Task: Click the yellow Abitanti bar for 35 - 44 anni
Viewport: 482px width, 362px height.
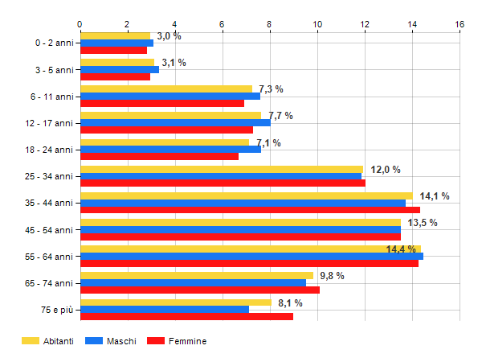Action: [246, 195]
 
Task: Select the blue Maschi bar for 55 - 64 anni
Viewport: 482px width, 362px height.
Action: [251, 256]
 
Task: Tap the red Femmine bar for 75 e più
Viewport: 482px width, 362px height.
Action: [186, 316]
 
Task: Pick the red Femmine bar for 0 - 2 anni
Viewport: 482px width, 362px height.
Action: [113, 50]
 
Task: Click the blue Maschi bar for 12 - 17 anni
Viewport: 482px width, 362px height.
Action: [175, 122]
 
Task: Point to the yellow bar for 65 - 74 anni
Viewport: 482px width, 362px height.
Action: [196, 275]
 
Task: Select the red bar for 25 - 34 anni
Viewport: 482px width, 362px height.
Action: [223, 183]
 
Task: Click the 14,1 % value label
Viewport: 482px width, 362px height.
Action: [435, 195]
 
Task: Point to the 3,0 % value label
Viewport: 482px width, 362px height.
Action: [169, 36]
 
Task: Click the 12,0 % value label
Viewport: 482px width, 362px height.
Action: [385, 169]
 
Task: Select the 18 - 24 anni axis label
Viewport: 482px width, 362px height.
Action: [49, 150]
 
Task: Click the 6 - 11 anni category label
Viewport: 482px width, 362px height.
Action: [51, 97]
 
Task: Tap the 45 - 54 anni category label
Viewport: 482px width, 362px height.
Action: [49, 229]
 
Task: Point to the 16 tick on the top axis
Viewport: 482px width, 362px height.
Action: [460, 24]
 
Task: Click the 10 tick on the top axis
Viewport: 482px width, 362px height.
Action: [317, 24]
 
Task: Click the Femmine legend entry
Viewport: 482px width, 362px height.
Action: [186, 341]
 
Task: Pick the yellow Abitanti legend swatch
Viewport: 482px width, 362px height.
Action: [31, 341]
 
